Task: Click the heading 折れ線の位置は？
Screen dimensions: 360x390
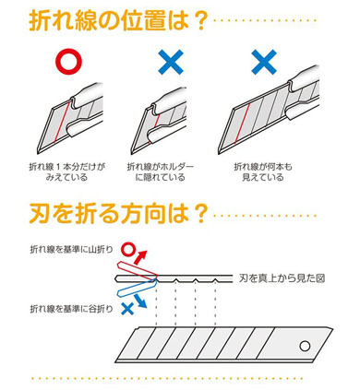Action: (117, 20)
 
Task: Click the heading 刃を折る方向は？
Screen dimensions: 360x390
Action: (117, 214)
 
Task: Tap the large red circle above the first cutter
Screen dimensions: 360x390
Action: (68, 63)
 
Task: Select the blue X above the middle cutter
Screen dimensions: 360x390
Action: (171, 63)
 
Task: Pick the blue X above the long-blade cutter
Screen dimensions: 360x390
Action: (264, 63)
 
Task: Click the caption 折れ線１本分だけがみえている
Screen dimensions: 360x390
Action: (66, 172)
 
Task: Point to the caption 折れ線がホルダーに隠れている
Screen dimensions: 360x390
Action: (161, 172)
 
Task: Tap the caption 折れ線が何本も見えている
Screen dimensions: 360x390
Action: (263, 172)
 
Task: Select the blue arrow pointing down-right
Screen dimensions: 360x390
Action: (140, 301)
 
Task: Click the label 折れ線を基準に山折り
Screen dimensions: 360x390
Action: (71, 250)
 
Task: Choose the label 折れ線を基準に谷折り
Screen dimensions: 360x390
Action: (71, 309)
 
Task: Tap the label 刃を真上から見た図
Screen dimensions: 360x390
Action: (282, 278)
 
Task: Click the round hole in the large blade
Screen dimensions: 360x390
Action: (305, 346)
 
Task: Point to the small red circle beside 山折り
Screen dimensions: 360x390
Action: (128, 249)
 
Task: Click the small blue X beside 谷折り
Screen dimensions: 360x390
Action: (127, 309)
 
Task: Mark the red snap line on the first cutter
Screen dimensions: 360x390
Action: (62, 123)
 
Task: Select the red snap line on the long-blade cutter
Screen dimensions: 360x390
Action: (242, 124)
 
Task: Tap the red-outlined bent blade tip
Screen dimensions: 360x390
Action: (137, 269)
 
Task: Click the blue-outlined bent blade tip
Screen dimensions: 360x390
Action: (137, 289)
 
